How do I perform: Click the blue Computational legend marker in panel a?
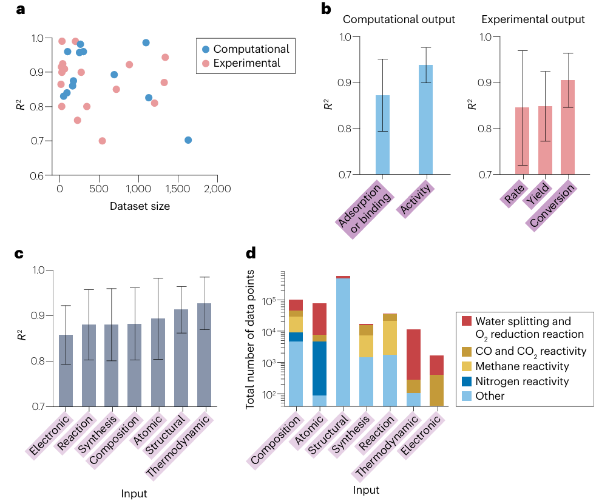click(x=206, y=49)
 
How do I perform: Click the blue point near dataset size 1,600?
click(x=188, y=140)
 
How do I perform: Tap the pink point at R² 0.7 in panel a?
click(x=102, y=141)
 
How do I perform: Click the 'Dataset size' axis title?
click(x=140, y=206)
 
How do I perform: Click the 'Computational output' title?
click(x=399, y=19)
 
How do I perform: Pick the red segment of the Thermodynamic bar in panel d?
click(x=413, y=354)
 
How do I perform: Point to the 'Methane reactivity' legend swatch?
click(x=466, y=366)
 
